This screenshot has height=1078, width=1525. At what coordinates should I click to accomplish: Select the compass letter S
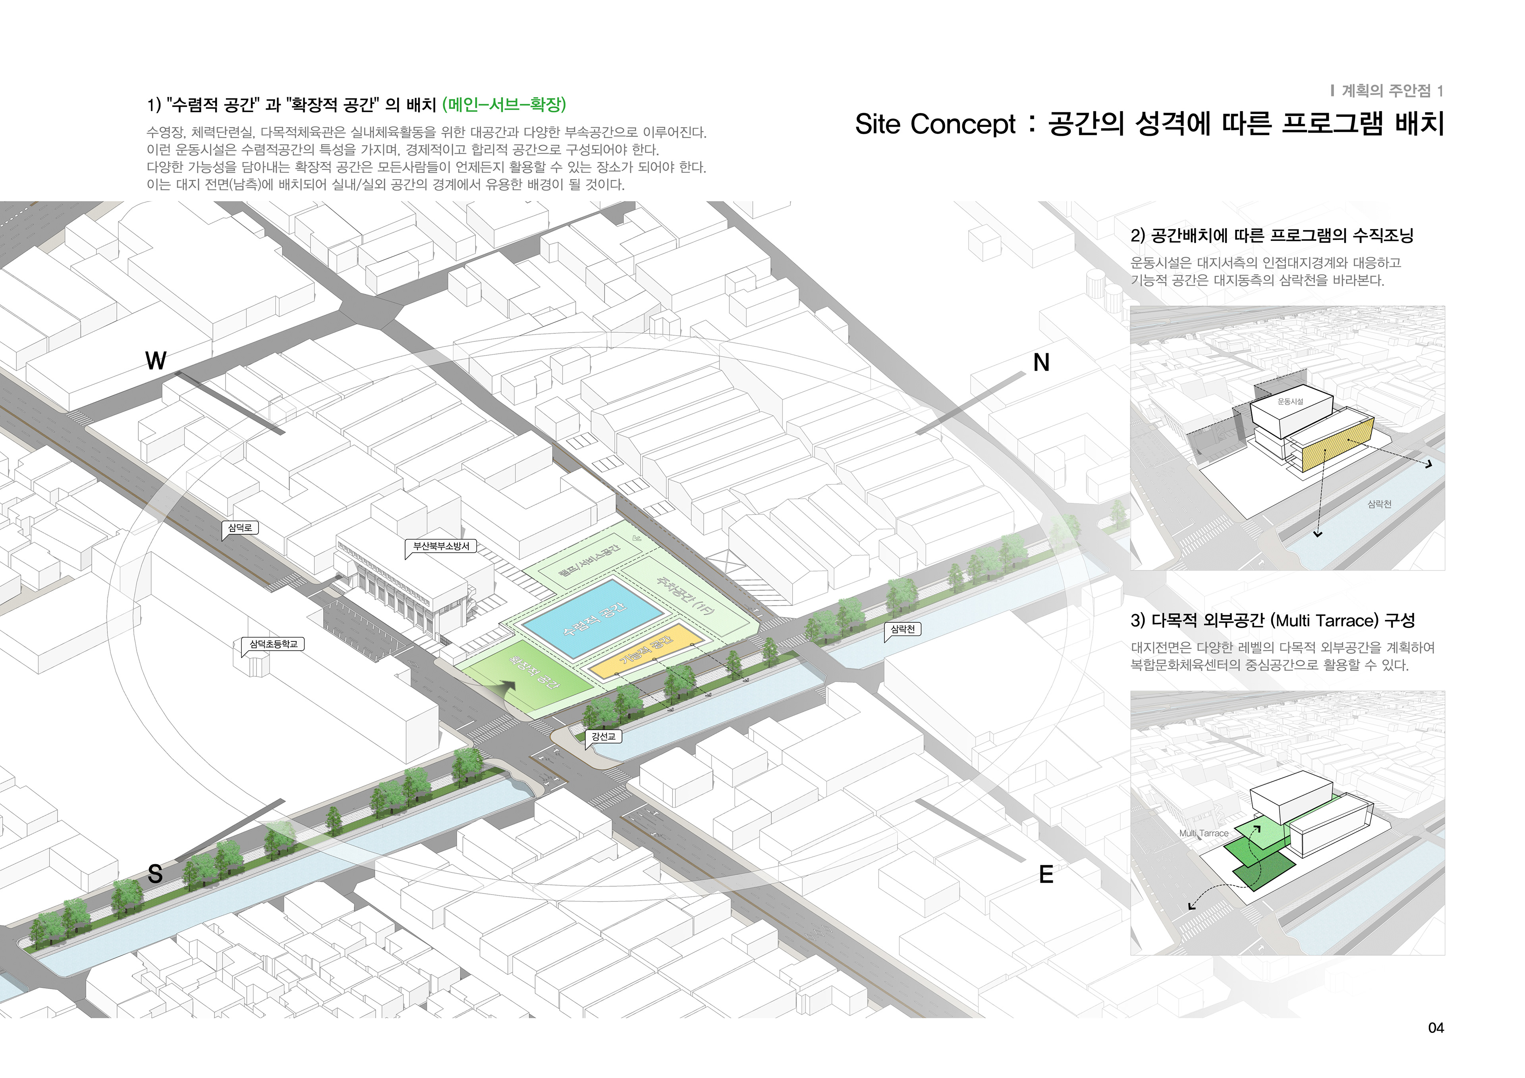(x=155, y=874)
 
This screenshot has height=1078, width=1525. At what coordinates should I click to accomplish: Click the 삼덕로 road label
(x=240, y=528)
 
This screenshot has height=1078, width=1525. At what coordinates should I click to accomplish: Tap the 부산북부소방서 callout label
(x=441, y=546)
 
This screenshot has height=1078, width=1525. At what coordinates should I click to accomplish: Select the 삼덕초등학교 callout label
(x=273, y=644)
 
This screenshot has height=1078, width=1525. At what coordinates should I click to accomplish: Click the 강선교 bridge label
(x=603, y=736)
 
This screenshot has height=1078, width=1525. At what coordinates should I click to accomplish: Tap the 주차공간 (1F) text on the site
(x=685, y=594)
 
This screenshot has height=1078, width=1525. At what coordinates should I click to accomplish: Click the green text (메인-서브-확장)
(x=504, y=105)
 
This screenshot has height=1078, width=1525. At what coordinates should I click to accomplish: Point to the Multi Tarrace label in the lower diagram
(x=1204, y=833)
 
